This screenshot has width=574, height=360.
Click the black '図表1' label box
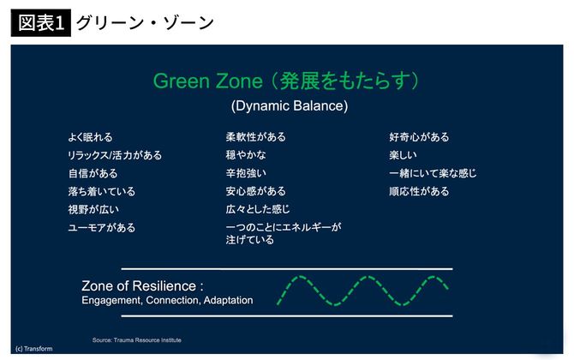click(x=40, y=21)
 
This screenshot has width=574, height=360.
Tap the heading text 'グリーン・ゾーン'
click(x=145, y=21)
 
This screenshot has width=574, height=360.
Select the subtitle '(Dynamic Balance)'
click(x=289, y=106)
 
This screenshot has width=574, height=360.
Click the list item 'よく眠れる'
click(x=90, y=137)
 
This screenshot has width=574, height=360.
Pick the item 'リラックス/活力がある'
click(x=115, y=155)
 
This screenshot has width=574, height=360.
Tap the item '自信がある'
click(x=93, y=173)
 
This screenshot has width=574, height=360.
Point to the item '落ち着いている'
click(x=102, y=191)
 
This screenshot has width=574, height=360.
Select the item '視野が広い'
click(x=93, y=209)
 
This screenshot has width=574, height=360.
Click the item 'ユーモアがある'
click(x=102, y=228)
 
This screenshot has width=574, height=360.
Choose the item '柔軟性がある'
click(x=255, y=137)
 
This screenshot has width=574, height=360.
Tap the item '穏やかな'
click(x=246, y=155)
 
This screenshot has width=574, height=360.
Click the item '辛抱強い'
click(x=246, y=173)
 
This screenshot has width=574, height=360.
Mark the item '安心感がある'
click(x=255, y=191)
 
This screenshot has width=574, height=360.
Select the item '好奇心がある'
click(x=419, y=137)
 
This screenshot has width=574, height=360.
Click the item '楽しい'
click(x=405, y=155)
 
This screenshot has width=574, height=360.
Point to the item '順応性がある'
click(x=419, y=191)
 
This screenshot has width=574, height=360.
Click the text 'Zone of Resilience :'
click(x=142, y=286)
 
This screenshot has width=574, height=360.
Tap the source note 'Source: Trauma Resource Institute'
click(x=137, y=340)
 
